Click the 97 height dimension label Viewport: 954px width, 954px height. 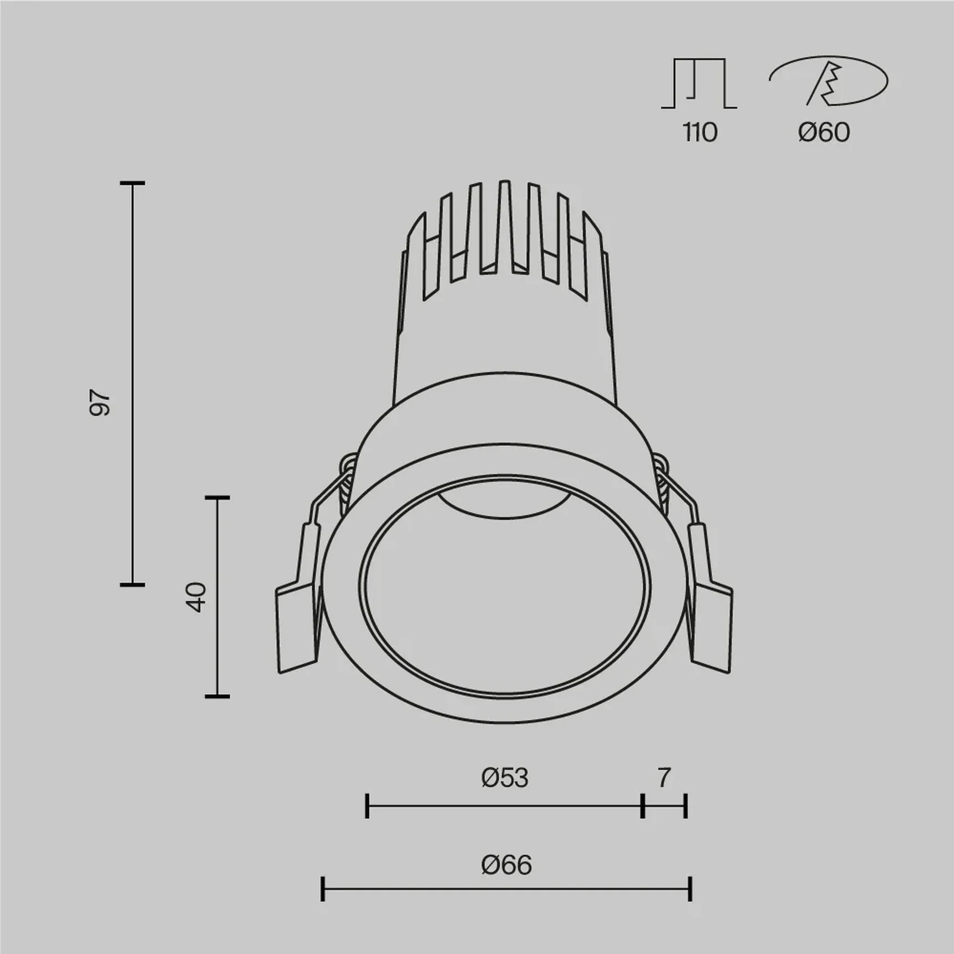100,403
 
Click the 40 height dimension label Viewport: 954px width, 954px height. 196,597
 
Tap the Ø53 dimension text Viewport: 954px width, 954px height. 505,778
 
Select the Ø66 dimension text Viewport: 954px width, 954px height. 506,865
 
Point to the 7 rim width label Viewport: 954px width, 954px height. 664,778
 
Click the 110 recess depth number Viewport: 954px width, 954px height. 699,133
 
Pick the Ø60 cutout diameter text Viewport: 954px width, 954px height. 824,133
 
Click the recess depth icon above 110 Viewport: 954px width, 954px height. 699,83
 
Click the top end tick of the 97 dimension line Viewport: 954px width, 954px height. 133,182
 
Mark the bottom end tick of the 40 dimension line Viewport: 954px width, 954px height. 217,696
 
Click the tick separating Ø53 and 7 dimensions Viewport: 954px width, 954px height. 642,806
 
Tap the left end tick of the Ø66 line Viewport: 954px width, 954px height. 323,889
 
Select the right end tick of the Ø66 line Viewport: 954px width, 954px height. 690,889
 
